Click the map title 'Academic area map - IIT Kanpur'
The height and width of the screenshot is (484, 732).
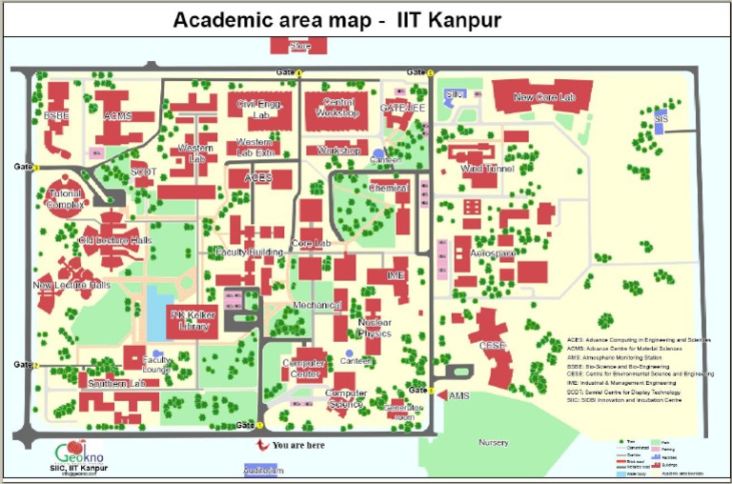[336, 20]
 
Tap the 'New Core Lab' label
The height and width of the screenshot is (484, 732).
[544, 97]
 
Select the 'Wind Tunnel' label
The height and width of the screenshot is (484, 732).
[487, 169]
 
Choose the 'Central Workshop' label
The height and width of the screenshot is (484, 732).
[340, 108]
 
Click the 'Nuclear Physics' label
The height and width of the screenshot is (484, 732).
[375, 329]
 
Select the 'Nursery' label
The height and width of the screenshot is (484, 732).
[493, 443]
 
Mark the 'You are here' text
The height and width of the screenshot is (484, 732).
[297, 444]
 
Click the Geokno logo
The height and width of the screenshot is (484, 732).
[81, 452]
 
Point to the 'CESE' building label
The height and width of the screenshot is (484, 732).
[493, 345]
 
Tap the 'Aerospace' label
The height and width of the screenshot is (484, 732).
[492, 253]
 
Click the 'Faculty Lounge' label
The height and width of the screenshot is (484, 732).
[156, 364]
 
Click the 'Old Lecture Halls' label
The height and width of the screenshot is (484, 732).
[115, 241]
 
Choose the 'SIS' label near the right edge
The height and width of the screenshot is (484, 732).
[661, 117]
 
